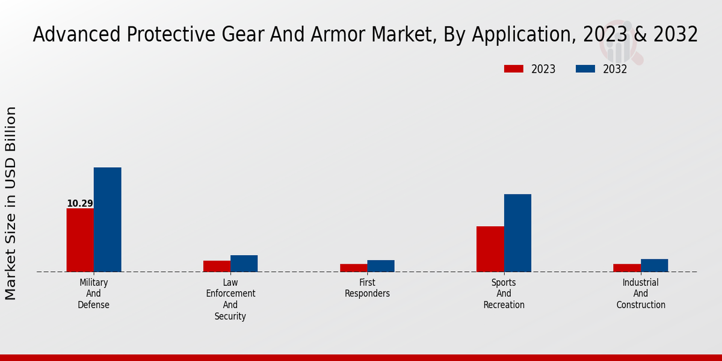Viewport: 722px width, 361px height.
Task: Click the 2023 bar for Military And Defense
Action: coord(80,240)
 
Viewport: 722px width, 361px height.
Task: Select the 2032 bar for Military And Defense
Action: coord(107,220)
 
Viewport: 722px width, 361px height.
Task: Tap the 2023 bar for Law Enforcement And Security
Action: coord(217,266)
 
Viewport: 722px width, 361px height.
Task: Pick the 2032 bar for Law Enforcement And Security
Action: coord(244,264)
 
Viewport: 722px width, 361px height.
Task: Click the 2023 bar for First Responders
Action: coord(353,268)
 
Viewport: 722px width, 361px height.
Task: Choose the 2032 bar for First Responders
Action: coord(381,266)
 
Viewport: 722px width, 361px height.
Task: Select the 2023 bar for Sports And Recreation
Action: coord(490,249)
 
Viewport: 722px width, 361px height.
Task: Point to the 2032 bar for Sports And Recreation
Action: coord(517,233)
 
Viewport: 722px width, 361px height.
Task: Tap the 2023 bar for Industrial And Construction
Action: coord(627,268)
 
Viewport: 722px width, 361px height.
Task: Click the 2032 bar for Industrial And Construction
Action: coord(654,265)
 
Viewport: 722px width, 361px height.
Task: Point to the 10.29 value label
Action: coord(80,203)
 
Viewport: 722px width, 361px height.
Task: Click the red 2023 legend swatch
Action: coord(513,69)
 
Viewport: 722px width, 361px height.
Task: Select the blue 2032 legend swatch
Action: coord(585,69)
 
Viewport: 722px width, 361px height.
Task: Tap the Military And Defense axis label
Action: coord(94,294)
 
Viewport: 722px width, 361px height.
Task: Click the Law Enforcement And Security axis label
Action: coord(230,299)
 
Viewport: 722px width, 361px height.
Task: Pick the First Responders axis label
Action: coord(367,288)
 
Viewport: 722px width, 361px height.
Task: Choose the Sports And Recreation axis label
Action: coord(504,294)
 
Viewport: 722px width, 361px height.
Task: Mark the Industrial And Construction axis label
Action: coord(641,294)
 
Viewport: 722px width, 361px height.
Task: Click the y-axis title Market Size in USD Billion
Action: coord(11,203)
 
